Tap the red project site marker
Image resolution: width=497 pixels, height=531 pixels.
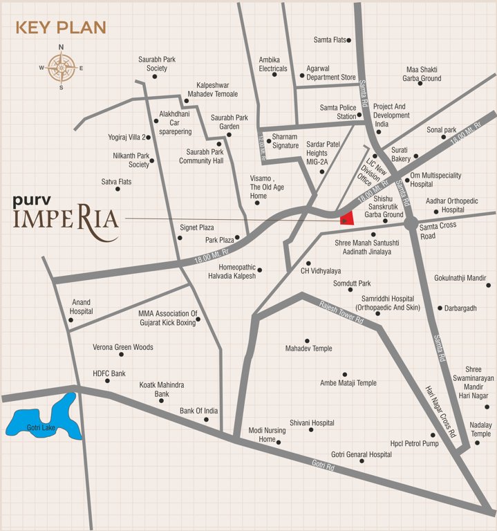point(347,218)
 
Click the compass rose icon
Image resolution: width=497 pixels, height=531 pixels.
point(61,68)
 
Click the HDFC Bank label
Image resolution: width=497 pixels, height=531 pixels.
point(109,373)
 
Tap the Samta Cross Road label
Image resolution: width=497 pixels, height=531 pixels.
point(438,232)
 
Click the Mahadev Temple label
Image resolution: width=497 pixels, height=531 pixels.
point(309,348)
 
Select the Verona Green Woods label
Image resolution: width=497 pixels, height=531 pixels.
point(123,346)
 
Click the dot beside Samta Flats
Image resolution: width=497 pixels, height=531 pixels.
point(349,40)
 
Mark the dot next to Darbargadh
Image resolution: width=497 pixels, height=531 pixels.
point(440,308)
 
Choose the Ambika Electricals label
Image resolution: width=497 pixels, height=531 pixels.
point(273,64)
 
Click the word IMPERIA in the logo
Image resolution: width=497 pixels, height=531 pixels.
point(66,223)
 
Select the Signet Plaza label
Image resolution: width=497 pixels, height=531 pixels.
point(197,227)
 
